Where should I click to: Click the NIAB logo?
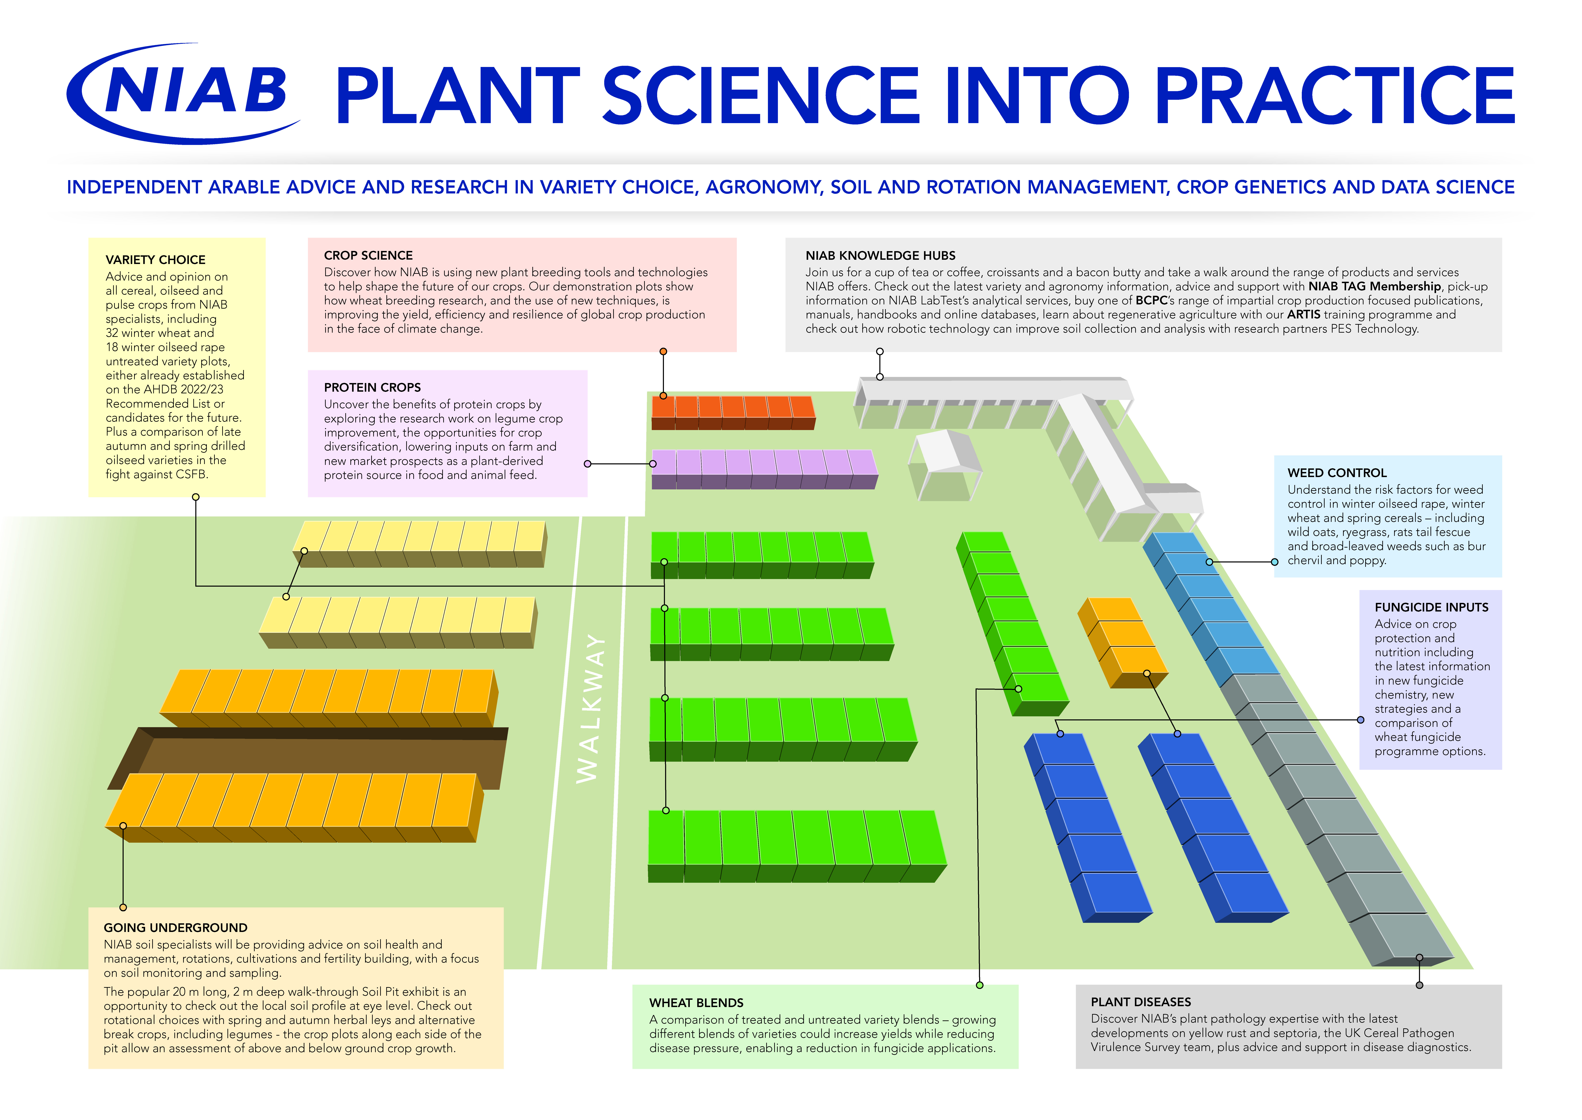[x=183, y=93]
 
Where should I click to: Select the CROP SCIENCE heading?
[x=368, y=255]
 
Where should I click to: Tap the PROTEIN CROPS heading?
[x=372, y=388]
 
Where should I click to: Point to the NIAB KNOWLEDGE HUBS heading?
[x=881, y=255]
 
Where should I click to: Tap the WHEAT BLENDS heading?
[x=697, y=1003]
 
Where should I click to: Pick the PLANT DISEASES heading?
[x=1141, y=1002]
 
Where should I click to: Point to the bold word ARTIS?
[x=1303, y=315]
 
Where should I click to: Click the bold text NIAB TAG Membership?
[x=1375, y=286]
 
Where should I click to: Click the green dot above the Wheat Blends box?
[x=979, y=985]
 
